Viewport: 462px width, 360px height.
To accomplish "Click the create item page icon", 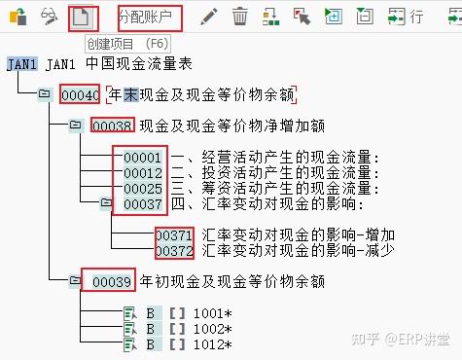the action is coord(84,17).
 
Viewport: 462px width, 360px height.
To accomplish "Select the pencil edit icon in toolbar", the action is coord(208,17).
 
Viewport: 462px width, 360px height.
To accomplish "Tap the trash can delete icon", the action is coord(240,17).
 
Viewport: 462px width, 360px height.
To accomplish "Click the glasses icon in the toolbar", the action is coord(50,17).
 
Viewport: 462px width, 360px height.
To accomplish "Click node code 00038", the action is coord(112,126).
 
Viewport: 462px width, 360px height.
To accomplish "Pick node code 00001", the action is coord(143,158).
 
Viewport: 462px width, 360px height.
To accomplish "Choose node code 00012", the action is coord(143,173).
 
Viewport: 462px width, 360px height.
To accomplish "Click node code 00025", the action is coord(143,188).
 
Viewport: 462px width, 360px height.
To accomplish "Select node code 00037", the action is coord(143,203).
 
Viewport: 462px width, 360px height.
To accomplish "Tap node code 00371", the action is coord(175,235).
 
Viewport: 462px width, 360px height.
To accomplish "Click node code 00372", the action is coord(175,250).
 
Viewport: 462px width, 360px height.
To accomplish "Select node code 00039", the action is coord(112,281).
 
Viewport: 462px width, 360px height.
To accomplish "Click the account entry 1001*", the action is coord(212,313).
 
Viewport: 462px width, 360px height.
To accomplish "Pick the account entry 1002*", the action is coord(212,329).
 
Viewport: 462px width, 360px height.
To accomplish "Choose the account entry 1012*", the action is coord(212,344).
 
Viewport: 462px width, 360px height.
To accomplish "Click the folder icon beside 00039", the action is coord(75,281).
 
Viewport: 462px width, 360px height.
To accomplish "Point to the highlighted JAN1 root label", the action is coord(20,64).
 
